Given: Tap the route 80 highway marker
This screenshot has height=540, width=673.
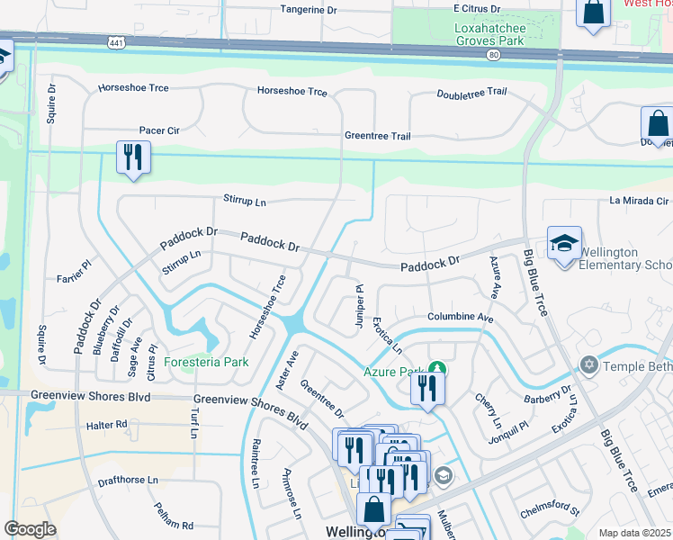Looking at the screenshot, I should coord(493,55).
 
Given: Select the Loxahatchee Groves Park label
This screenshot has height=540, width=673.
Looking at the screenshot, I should coord(489,34).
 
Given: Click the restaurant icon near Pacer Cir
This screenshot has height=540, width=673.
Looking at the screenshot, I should coord(132,157).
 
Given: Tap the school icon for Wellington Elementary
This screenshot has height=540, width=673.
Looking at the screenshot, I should coord(564,244).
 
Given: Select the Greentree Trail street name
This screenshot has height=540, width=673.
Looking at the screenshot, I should coord(377,136).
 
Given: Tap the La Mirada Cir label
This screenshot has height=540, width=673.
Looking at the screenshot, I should coord(640,201).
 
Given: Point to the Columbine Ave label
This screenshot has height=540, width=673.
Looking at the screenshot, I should coord(461,319).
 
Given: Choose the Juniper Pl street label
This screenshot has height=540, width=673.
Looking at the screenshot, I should coord(359,306).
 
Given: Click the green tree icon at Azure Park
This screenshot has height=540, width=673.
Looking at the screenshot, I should coord(437,368).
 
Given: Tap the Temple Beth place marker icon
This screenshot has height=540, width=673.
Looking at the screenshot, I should coord(589,364).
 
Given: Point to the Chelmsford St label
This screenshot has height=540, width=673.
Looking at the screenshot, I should coord(550,510).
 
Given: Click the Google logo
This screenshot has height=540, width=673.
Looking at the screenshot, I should coord(30,529).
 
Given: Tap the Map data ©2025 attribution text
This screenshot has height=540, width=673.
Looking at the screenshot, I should coord(634,533).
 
